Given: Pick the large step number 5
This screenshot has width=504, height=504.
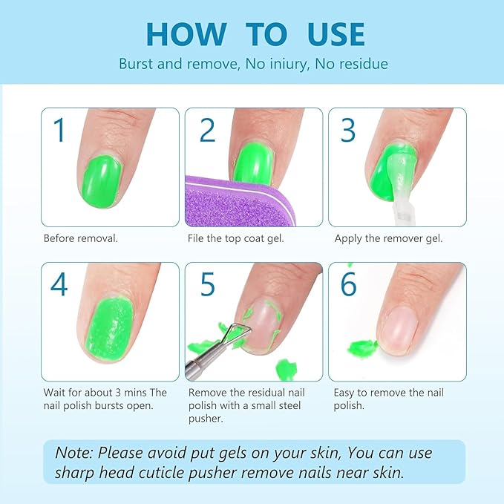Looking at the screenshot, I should click(207, 284).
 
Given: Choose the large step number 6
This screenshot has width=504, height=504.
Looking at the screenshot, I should click(349, 284).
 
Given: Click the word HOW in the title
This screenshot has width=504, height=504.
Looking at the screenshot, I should click(186, 34).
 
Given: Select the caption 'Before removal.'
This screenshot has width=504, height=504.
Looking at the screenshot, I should click(80, 238).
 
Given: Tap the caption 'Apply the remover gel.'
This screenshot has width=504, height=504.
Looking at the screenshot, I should click(388, 238).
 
